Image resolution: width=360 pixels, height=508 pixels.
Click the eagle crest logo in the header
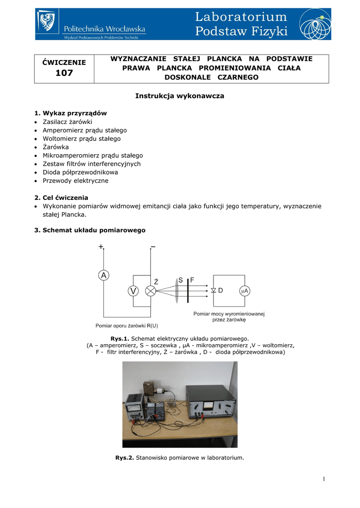point(48,23)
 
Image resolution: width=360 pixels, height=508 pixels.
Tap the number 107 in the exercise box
point(64,73)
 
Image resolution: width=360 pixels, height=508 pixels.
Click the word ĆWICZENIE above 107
point(64,62)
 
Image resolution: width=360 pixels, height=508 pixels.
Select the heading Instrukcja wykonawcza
point(180,96)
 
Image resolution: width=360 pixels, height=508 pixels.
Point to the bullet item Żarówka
point(56,147)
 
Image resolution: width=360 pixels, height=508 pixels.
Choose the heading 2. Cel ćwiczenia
point(61,197)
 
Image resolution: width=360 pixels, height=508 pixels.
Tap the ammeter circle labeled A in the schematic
point(103,275)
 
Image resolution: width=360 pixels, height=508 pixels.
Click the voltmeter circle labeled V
point(133,291)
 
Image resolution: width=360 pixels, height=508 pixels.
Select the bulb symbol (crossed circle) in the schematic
point(150,291)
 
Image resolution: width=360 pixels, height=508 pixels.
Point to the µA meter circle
point(244,291)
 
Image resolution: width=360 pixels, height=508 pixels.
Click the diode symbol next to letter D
point(214,291)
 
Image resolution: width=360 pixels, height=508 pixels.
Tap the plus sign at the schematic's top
point(101,247)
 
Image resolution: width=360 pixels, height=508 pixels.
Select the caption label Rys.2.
point(125,457)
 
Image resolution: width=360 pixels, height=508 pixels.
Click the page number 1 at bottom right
point(323,479)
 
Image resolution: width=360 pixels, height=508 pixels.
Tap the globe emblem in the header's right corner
point(315,24)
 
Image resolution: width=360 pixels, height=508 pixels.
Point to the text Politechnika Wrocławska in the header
point(104,29)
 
